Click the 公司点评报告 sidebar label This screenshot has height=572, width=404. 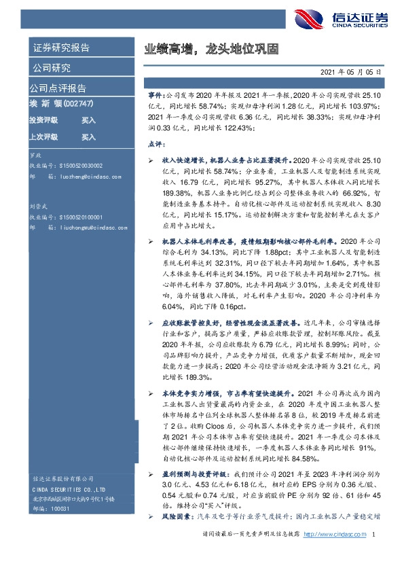point(57,88)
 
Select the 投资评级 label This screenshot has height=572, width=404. point(43,120)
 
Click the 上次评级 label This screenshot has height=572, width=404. point(43,137)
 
